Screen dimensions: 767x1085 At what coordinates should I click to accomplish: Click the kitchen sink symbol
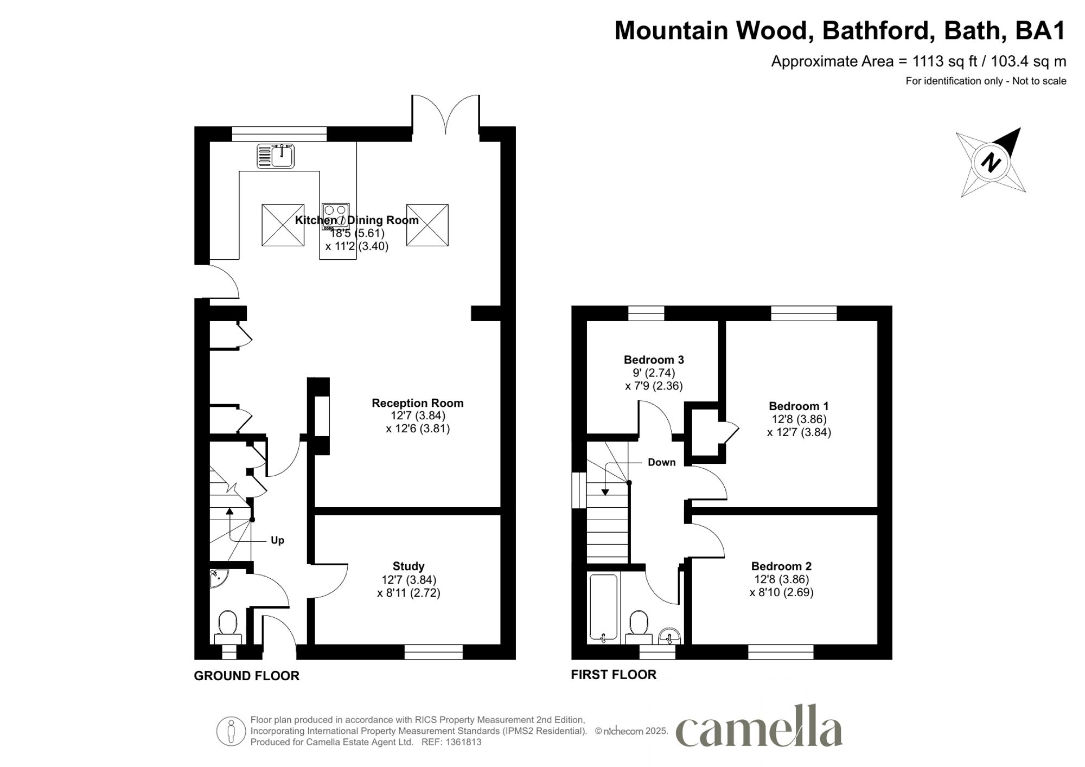point(276,156)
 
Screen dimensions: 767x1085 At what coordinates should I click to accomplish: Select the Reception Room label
point(417,403)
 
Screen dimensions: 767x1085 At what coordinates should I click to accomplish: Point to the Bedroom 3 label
point(653,360)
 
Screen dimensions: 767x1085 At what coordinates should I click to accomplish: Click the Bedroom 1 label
point(799,406)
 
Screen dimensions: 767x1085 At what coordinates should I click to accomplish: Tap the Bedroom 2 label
point(781,566)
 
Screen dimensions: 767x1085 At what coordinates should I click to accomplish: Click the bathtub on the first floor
point(603,608)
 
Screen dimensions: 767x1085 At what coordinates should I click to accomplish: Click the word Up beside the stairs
point(277,540)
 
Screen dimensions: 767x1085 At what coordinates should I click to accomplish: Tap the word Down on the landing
point(661,462)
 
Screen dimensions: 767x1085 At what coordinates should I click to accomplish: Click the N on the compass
point(991,162)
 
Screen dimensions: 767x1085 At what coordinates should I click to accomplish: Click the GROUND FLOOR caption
point(246,676)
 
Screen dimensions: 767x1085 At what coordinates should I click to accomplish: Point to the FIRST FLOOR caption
point(614,674)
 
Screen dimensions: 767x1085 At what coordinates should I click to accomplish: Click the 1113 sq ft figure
point(944,62)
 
